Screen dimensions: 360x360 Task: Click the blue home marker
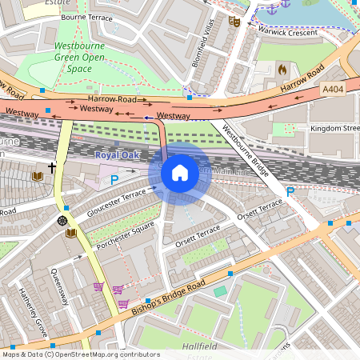[180, 173]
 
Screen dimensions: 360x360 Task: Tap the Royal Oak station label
[117, 154]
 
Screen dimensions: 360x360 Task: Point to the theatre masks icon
[234, 22]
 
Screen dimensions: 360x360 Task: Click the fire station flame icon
[282, 70]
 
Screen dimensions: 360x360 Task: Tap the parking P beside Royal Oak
[114, 181]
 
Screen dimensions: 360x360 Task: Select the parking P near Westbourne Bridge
[290, 191]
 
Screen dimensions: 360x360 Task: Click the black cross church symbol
[52, 168]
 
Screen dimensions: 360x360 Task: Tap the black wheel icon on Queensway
[62, 220]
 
